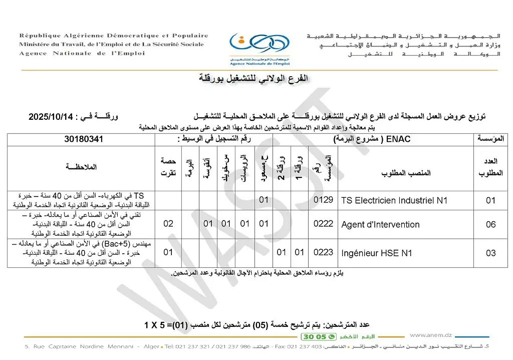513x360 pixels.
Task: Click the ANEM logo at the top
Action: pyautogui.click(x=252, y=46)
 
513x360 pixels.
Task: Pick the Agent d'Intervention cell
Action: pyautogui.click(x=380, y=225)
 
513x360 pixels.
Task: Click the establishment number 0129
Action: pyautogui.click(x=323, y=200)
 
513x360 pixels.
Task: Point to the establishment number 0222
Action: pyautogui.click(x=323, y=224)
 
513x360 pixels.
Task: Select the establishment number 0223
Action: pyautogui.click(x=323, y=253)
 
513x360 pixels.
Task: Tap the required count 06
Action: pyautogui.click(x=490, y=225)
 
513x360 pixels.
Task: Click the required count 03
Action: pyautogui.click(x=490, y=253)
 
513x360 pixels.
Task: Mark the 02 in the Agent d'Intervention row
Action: pyautogui.click(x=168, y=224)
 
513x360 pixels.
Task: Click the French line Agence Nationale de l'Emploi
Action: pyautogui.click(x=82, y=53)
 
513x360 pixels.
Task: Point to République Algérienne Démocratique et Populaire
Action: pyautogui.click(x=114, y=36)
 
